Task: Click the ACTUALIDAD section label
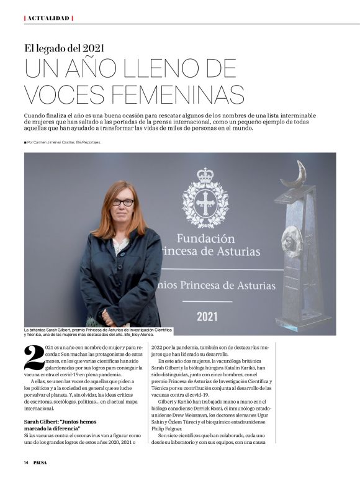click(48, 18)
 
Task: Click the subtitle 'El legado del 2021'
click(64, 47)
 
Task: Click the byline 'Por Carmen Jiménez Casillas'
click(62, 143)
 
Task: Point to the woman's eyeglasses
click(122, 202)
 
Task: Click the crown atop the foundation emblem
click(205, 175)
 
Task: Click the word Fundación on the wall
click(206, 238)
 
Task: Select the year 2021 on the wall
click(207, 316)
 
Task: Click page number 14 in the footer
click(27, 463)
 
